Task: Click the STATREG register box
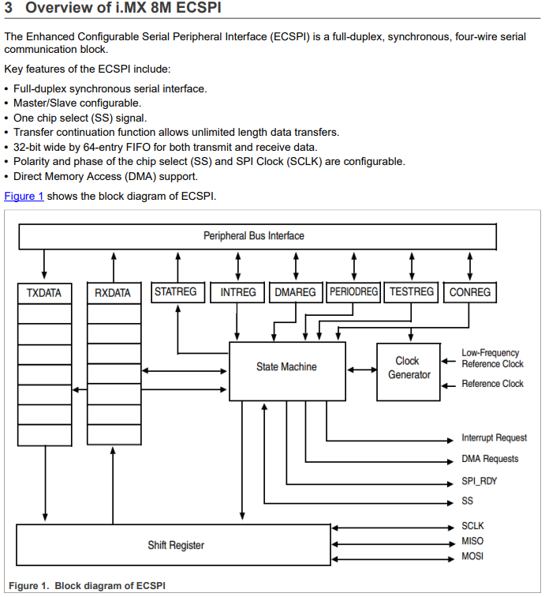[x=175, y=291]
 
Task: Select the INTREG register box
[x=238, y=292]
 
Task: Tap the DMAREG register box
[x=296, y=292]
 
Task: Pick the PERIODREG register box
[x=354, y=292]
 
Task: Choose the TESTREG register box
[x=412, y=291]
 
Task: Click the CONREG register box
[x=470, y=292]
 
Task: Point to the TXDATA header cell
[x=43, y=293]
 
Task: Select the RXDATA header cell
[x=113, y=293]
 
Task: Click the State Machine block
[x=286, y=366]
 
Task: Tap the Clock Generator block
[x=408, y=368]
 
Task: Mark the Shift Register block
[x=175, y=545]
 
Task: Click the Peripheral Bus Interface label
[x=253, y=235]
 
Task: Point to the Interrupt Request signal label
[x=494, y=437]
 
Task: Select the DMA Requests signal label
[x=490, y=459]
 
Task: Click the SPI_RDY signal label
[x=480, y=480]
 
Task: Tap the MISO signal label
[x=472, y=541]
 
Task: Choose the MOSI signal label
[x=472, y=557]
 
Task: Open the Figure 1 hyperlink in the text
[x=24, y=196]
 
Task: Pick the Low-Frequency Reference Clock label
[x=492, y=359]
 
